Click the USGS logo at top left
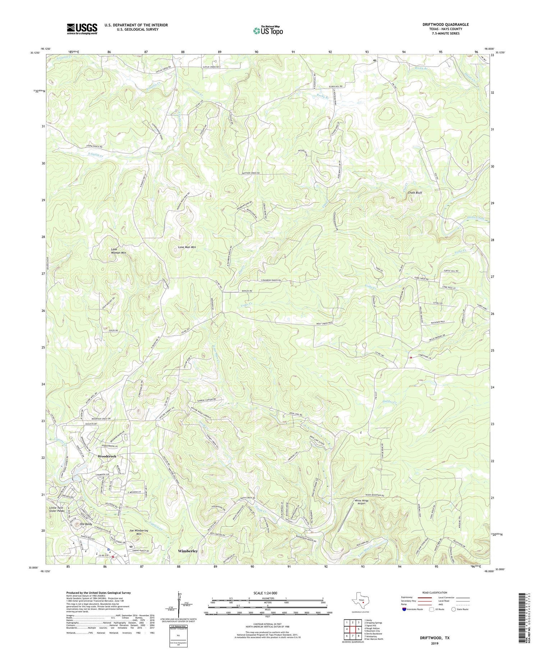pyautogui.click(x=82, y=29)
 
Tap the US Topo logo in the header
pyautogui.click(x=268, y=31)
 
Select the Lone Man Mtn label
pyautogui.click(x=187, y=247)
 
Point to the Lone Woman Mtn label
pyautogui.click(x=118, y=251)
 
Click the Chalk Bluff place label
pyautogui.click(x=415, y=192)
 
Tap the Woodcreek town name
pyautogui.click(x=107, y=456)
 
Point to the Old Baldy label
pyautogui.click(x=87, y=524)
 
